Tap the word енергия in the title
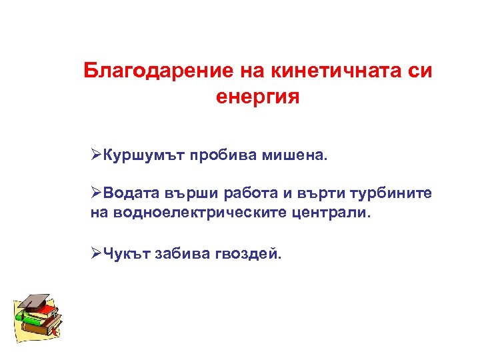pos(258,97)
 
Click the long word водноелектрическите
pos(199,213)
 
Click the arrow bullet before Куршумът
pos(96,155)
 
